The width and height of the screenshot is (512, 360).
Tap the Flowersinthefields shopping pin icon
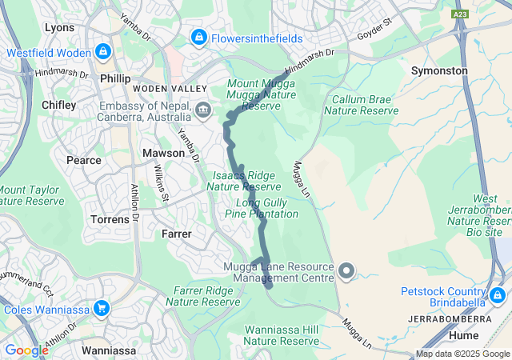pos(198,37)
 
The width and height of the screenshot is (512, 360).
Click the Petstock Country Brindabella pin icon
pos(497,295)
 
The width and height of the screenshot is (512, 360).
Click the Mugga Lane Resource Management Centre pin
pos(346,272)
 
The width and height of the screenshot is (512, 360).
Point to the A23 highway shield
pos(460,14)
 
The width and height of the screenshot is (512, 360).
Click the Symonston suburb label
pos(439,70)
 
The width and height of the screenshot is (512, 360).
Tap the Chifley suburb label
pos(58,105)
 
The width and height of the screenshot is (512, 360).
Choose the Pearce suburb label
pos(84,160)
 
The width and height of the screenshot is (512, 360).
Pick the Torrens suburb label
pos(110,218)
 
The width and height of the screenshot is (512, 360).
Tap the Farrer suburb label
pos(176,234)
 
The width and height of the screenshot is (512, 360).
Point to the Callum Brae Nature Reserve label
pos(361,105)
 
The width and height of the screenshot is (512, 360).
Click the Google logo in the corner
pos(26,350)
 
